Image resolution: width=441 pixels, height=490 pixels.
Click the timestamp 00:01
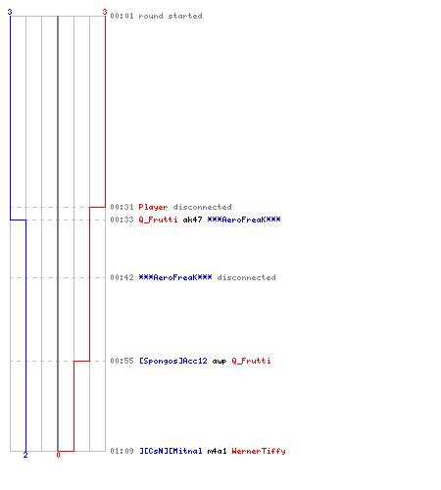click(122, 16)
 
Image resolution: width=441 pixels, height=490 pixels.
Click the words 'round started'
click(171, 16)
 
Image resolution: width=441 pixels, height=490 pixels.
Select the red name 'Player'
click(153, 207)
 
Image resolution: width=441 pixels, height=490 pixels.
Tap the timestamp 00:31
click(122, 207)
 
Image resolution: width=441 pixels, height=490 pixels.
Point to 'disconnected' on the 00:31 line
click(202, 207)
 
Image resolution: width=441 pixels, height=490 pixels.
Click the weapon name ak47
click(192, 220)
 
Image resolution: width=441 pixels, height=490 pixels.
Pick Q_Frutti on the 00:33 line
click(158, 220)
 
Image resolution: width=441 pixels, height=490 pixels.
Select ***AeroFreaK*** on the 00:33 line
click(244, 220)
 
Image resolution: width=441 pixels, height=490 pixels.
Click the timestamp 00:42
click(122, 277)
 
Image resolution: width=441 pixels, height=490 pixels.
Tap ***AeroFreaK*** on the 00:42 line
click(175, 277)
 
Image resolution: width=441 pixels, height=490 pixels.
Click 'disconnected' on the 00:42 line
click(246, 277)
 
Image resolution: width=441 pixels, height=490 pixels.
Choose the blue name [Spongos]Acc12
click(173, 361)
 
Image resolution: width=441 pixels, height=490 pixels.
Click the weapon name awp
click(220, 362)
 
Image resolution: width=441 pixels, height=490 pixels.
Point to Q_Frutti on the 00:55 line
click(251, 361)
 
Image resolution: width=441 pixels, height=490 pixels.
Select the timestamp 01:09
click(122, 451)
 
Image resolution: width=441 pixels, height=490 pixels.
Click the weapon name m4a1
click(217, 451)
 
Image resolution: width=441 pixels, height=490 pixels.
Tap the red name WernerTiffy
click(259, 451)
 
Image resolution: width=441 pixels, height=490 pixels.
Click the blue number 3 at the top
click(10, 12)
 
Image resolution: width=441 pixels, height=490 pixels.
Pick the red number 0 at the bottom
click(58, 455)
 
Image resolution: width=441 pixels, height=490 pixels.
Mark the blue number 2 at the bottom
click(25, 455)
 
